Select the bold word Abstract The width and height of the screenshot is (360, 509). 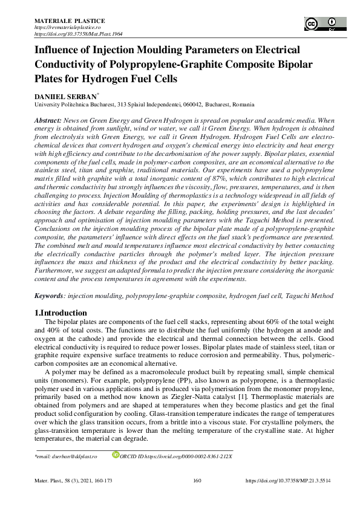[x=48, y=122]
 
